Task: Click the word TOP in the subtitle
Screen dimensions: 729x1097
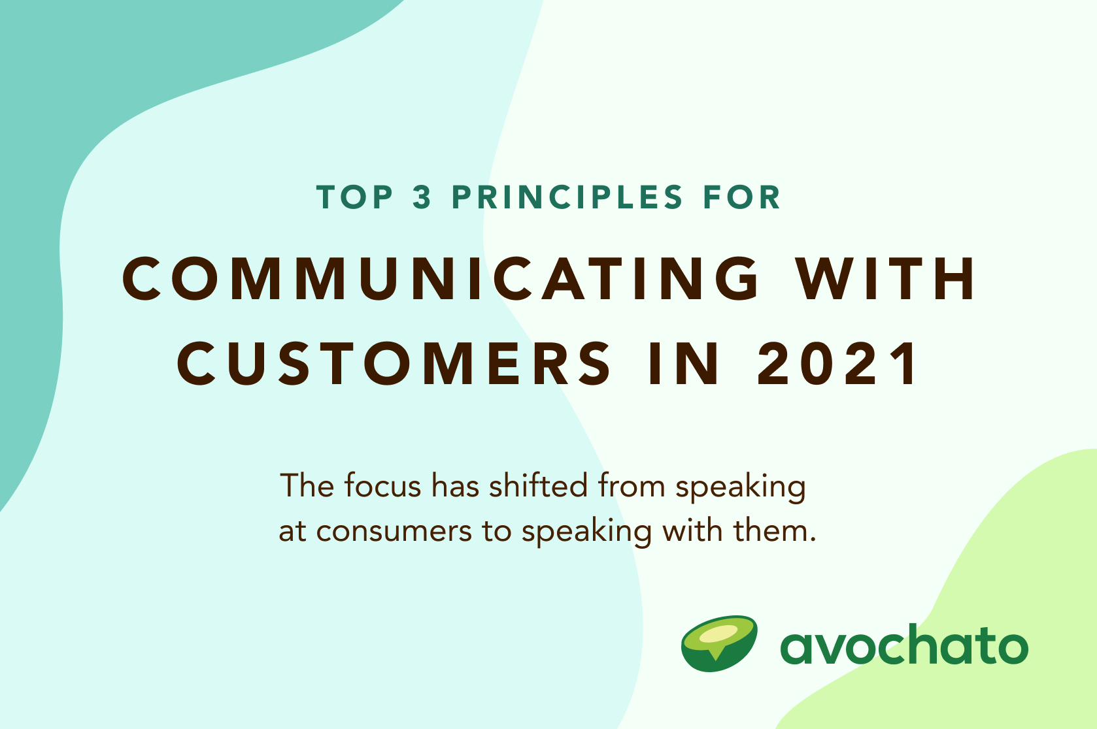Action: [x=355, y=197]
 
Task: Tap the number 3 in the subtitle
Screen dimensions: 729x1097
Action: [x=422, y=197]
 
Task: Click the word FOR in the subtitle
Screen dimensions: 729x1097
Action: [x=742, y=197]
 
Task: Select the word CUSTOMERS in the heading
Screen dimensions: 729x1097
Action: [x=395, y=364]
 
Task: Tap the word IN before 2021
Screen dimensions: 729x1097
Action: [x=684, y=364]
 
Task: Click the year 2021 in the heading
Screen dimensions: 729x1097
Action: [x=838, y=364]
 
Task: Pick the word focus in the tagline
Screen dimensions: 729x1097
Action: [x=382, y=487]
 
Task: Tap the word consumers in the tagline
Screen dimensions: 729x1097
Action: [x=394, y=531]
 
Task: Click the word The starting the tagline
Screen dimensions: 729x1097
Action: [x=307, y=487]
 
